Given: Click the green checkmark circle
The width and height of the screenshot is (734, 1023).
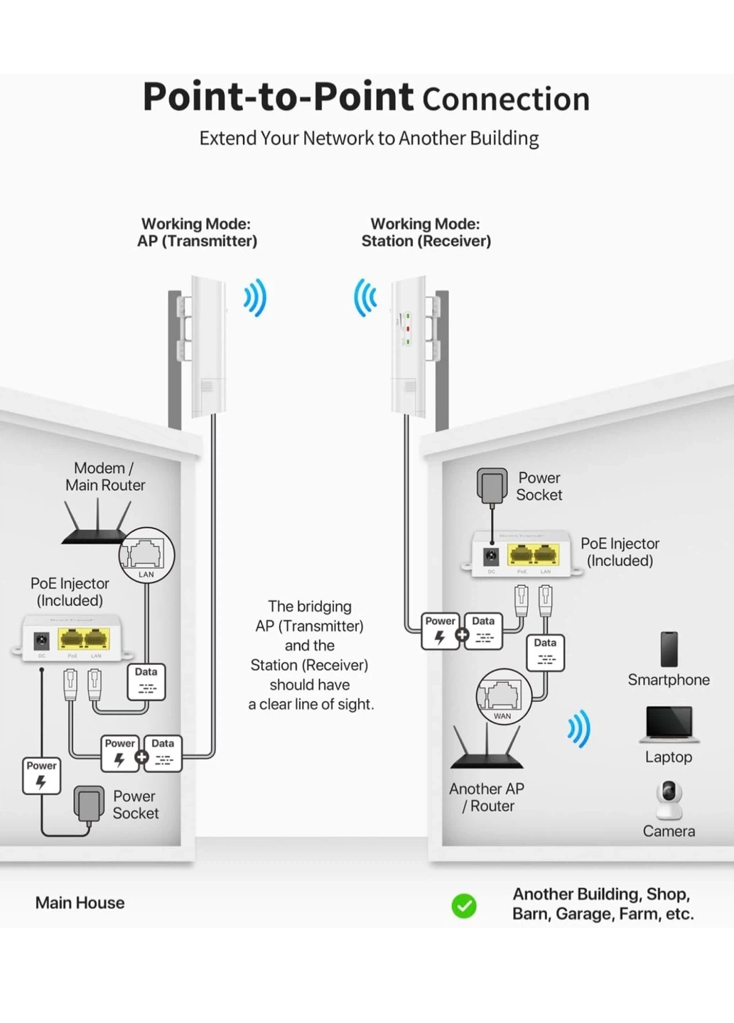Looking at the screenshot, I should point(464,906).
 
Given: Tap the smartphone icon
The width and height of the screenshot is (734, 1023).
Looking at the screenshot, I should point(669,649).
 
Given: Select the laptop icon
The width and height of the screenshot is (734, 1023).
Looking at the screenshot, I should point(669,725).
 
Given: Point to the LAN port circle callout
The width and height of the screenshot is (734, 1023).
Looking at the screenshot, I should point(146,555).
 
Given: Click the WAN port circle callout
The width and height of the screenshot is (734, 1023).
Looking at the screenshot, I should point(503,696).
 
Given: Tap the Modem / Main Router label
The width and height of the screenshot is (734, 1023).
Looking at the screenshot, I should point(104,477).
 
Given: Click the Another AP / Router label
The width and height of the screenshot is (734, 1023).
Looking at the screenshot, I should point(487,797).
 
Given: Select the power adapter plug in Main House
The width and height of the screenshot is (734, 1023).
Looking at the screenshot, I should point(89,805).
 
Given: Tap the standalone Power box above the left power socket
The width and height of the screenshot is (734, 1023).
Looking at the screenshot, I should point(41,775).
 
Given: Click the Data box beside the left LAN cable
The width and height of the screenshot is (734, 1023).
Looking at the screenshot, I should point(146,681).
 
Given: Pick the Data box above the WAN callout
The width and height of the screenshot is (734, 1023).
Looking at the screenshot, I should point(545,652).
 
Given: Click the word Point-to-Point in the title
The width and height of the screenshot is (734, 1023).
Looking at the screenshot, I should point(278,97).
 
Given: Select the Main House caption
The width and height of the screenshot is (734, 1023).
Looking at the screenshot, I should point(80,903).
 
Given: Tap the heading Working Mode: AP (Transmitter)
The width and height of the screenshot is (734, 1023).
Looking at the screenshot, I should point(197,232).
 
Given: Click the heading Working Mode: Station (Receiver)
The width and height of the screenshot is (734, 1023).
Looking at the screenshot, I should point(426,232).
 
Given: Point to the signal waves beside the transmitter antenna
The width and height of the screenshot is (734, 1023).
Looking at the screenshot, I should point(255,298).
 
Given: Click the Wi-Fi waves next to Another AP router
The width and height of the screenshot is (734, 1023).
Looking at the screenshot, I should point(579,729).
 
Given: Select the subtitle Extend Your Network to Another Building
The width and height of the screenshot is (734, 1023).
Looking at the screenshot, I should point(369,138).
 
